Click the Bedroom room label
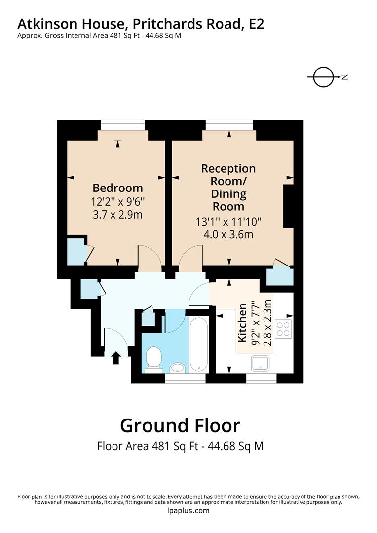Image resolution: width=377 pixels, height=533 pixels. coord(118,188)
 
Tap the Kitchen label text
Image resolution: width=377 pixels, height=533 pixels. coord(243,323)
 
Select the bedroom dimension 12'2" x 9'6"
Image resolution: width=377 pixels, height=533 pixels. coord(118,202)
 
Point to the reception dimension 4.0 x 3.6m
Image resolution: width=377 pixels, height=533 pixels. coord(228,234)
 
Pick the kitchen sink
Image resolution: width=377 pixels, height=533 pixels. coord(261,364)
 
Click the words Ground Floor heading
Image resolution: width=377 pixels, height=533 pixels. coord(180,425)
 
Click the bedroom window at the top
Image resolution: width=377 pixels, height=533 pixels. coord(123,125)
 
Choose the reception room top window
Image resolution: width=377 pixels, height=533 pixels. coord(229,125)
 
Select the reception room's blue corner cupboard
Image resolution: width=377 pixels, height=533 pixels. coord(279,276)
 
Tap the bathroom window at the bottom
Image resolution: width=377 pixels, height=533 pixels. coord(185,379)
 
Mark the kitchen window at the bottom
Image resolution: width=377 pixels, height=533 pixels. coord(261,379)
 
